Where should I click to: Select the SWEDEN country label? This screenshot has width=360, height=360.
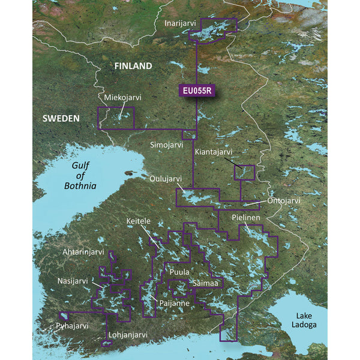point(61,119)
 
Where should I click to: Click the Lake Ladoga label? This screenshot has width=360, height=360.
point(301,320)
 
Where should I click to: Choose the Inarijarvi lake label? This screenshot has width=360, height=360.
point(183,23)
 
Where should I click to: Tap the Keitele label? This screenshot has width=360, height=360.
point(139,221)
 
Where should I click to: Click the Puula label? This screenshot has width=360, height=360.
point(179,272)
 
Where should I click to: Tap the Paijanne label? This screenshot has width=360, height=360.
point(174,304)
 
